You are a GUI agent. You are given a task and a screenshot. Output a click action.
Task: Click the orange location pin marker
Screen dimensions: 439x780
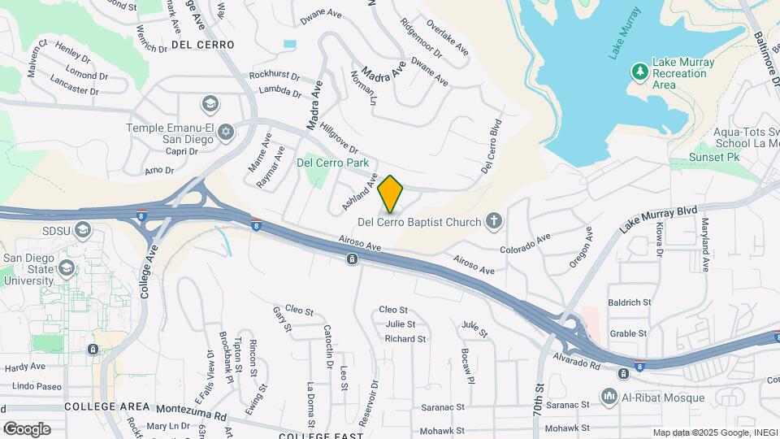tap(391, 193)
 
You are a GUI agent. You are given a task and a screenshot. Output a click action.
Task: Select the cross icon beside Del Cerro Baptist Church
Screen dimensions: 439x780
tap(492, 220)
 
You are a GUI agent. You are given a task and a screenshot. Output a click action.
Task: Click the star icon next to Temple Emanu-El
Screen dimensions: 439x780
tap(226, 131)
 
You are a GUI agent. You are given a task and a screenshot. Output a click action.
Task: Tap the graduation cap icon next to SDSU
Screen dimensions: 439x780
tap(81, 231)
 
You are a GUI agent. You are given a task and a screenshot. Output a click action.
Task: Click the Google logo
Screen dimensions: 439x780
tap(27, 429)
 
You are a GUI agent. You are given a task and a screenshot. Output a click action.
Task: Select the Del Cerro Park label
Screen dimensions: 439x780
tap(333, 163)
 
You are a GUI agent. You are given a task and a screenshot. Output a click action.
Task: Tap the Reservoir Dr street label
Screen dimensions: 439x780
tap(374, 397)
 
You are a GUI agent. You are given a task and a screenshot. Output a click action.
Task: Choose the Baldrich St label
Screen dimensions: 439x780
tap(630, 302)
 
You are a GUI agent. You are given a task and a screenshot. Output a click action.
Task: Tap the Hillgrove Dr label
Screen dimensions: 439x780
tap(339, 138)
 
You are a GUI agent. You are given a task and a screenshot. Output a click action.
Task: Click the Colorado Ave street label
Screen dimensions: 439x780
tap(526, 242)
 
